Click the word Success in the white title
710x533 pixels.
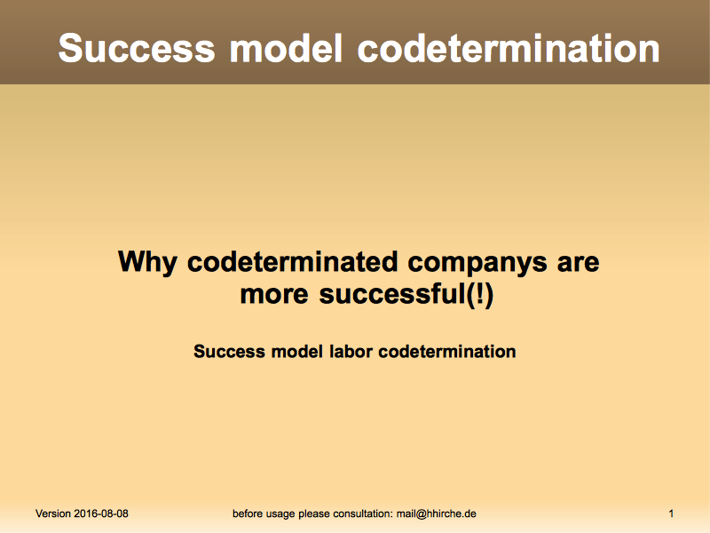pyautogui.click(x=137, y=48)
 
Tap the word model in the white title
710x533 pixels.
pyautogui.click(x=286, y=48)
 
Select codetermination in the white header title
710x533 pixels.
pyautogui.click(x=509, y=48)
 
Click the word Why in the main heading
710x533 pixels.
pyautogui.click(x=147, y=262)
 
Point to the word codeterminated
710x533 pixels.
pyautogui.click(x=293, y=261)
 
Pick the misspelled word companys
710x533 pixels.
pyautogui.click(x=477, y=263)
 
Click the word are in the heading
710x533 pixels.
pyautogui.click(x=579, y=263)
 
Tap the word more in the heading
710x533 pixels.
pyautogui.click(x=274, y=295)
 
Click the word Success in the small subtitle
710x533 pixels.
pyautogui.click(x=229, y=351)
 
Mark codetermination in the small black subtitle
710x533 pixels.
pyautogui.click(x=447, y=351)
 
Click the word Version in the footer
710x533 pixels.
pyautogui.click(x=53, y=513)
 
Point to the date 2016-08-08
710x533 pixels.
pyautogui.click(x=101, y=513)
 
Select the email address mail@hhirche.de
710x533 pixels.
pyautogui.click(x=436, y=513)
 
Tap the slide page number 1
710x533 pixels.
pyautogui.click(x=671, y=513)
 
